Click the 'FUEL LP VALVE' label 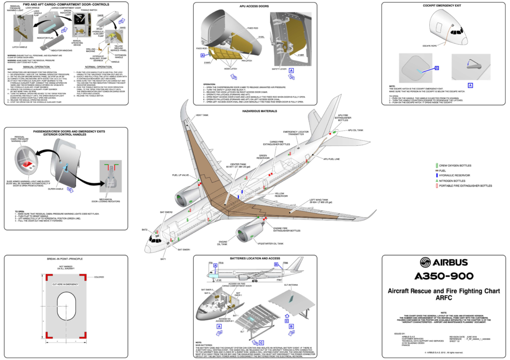tap(180, 175)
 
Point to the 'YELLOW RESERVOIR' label tap(282, 195)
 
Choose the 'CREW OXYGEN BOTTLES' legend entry tap(455, 165)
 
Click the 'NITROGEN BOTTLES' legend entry tap(453, 180)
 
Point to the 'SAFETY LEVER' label tap(279, 69)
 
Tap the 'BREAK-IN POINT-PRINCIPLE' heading tap(65, 259)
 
